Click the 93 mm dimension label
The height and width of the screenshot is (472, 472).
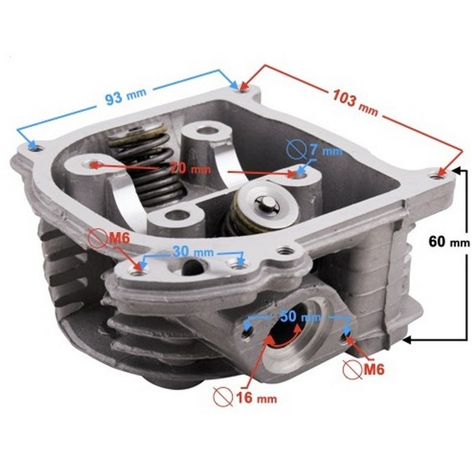pos(126,96)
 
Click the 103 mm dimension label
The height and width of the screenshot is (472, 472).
pos(355,103)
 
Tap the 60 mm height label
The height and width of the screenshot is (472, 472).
pos(449,241)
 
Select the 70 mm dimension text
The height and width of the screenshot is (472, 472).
pos(190,168)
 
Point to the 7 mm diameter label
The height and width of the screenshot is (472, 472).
pos(326,150)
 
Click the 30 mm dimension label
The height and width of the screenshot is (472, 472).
pos(193,252)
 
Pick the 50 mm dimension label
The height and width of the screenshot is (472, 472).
pos(300,316)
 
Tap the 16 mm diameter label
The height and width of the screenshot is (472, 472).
pos(257,398)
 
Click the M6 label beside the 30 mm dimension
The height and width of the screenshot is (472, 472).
pos(119,238)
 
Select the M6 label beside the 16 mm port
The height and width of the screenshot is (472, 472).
pos(374,369)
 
